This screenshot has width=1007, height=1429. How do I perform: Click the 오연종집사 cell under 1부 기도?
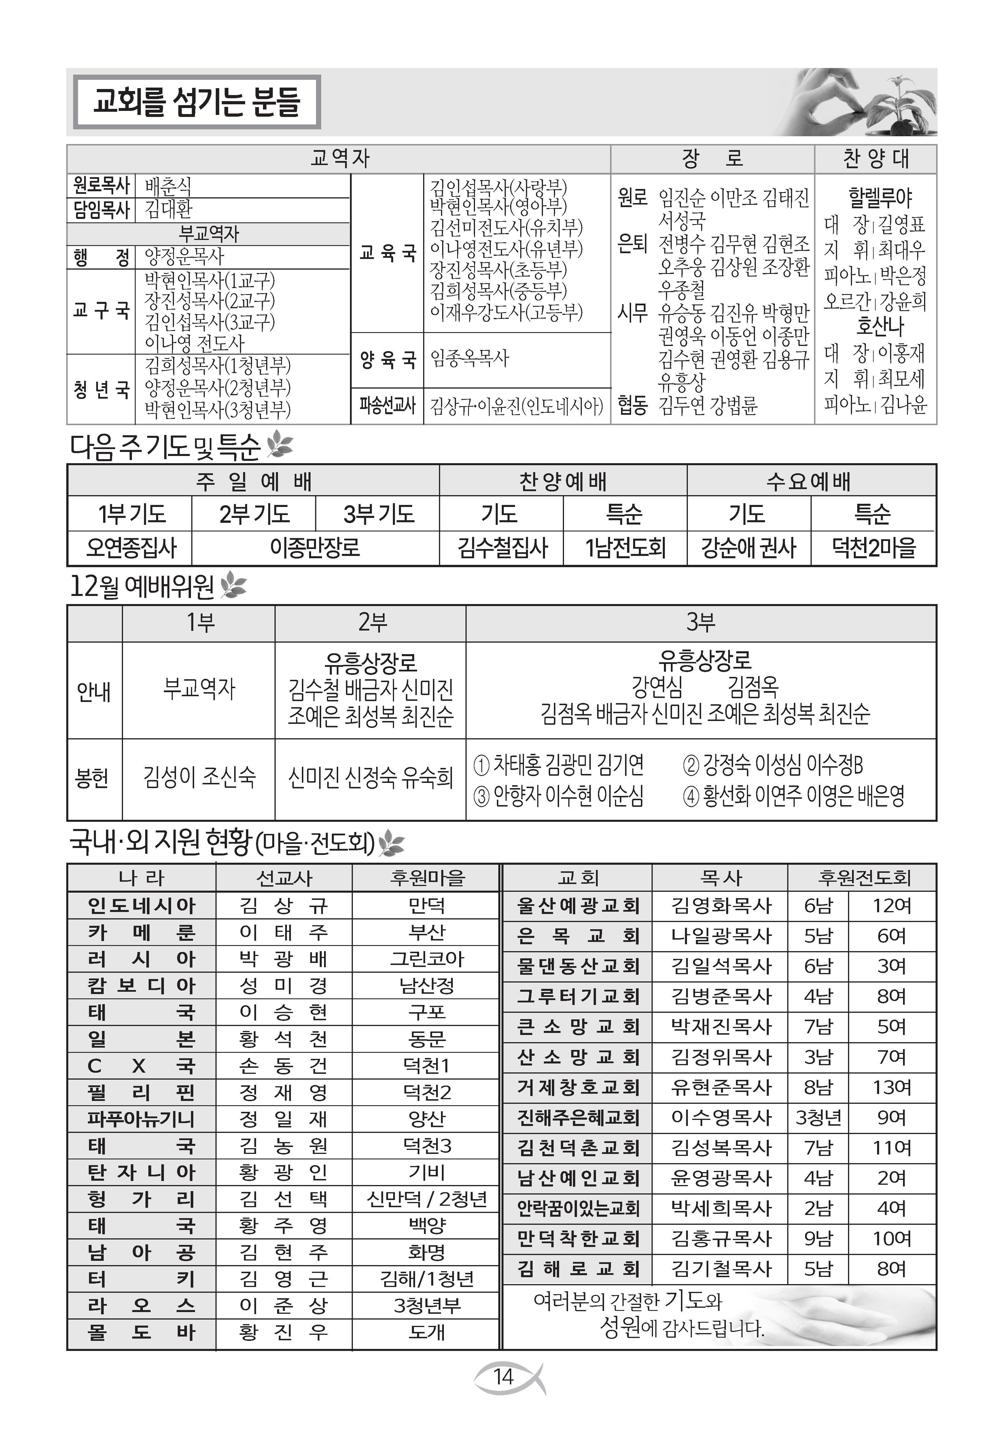pyautogui.click(x=131, y=548)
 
